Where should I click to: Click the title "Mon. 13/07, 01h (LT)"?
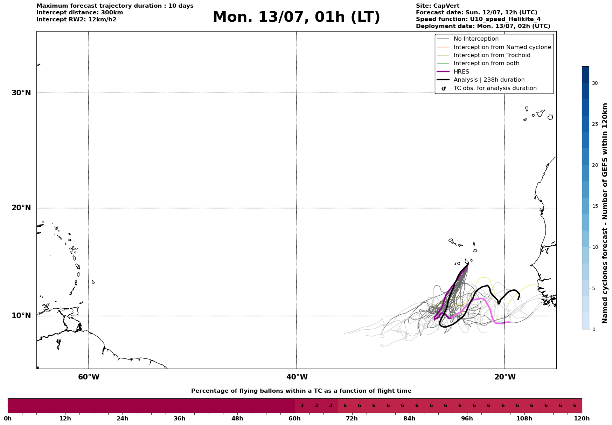point(296,17)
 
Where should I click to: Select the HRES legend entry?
point(461,72)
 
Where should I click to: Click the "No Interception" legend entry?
point(476,39)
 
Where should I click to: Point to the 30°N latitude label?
point(21,93)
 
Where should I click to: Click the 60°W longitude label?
point(89,377)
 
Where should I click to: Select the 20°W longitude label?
point(505,377)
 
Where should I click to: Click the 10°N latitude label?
point(21,316)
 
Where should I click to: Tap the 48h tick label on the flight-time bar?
point(237,418)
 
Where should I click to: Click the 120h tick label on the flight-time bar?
point(582,418)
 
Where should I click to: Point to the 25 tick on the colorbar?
point(595,124)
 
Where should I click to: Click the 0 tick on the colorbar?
point(593,329)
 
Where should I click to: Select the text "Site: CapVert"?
point(438,6)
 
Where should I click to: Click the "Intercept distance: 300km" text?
point(80,13)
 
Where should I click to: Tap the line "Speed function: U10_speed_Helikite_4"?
point(478,19)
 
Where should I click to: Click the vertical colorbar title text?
point(605,213)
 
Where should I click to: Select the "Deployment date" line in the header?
point(483,26)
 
